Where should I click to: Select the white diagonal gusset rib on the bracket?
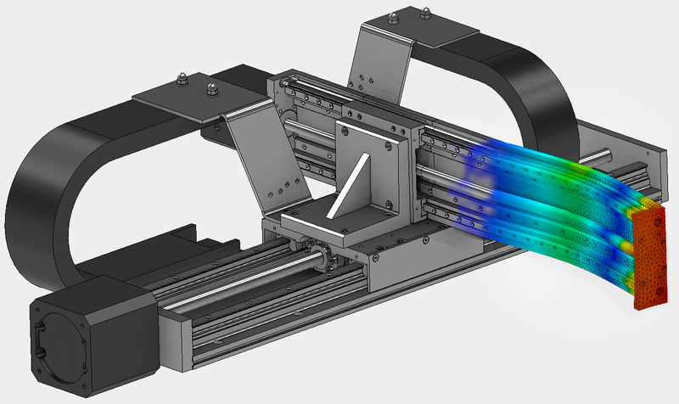(x=356, y=182)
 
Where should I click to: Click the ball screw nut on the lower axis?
(x=321, y=255)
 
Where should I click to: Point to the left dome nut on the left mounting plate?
(x=182, y=81)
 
